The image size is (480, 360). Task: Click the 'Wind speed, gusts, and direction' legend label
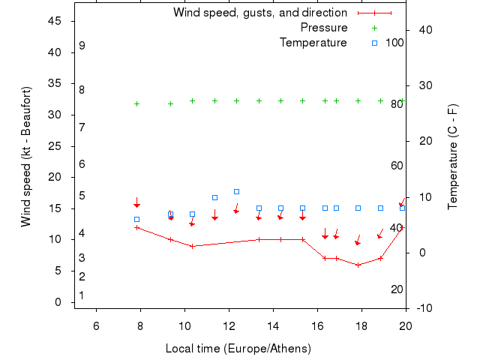(260, 13)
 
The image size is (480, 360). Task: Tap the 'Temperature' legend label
(313, 43)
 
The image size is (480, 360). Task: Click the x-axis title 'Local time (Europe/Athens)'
(238, 349)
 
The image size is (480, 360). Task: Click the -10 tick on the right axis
(424, 308)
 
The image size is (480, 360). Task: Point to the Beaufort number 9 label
(82, 46)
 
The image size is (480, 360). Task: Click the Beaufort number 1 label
(82, 295)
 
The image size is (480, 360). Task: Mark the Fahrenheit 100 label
(394, 43)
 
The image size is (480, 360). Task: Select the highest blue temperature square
(236, 192)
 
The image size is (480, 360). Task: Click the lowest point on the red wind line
(358, 265)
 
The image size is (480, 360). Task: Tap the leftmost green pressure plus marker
(136, 103)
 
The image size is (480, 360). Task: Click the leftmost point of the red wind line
(136, 227)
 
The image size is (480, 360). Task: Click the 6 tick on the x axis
(96, 324)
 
